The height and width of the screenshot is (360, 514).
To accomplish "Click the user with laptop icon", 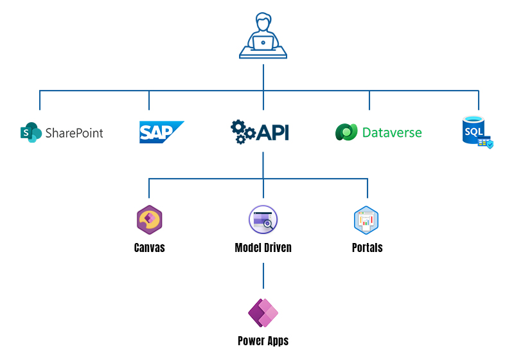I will coord(263,37).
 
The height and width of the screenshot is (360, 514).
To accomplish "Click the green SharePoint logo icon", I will coord(31,132).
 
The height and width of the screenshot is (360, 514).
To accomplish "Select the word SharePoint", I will coord(74,133).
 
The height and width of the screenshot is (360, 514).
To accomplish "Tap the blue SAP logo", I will coord(161,132).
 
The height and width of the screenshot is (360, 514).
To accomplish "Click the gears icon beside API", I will coord(243,131).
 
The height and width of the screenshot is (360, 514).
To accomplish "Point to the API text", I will coord(272,132).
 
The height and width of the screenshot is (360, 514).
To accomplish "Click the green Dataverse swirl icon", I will coord(346,132).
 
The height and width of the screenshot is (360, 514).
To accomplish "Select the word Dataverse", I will coord(392,133).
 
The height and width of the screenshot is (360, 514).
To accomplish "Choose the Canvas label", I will coord(149,248).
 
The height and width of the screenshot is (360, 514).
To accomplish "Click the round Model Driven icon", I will coord(263,220).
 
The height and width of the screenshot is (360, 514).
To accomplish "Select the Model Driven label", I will coord(263,248).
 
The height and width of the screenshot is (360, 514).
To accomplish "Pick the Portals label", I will coord(367,248).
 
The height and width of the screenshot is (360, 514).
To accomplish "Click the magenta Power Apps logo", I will coord(263,313).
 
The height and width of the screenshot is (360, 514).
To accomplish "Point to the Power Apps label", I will coord(263,341).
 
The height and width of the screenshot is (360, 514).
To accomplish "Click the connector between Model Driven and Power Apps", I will coord(263,275).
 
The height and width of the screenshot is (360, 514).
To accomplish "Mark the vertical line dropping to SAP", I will coord(149,100).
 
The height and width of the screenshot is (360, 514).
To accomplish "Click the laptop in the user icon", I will coord(263,43).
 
